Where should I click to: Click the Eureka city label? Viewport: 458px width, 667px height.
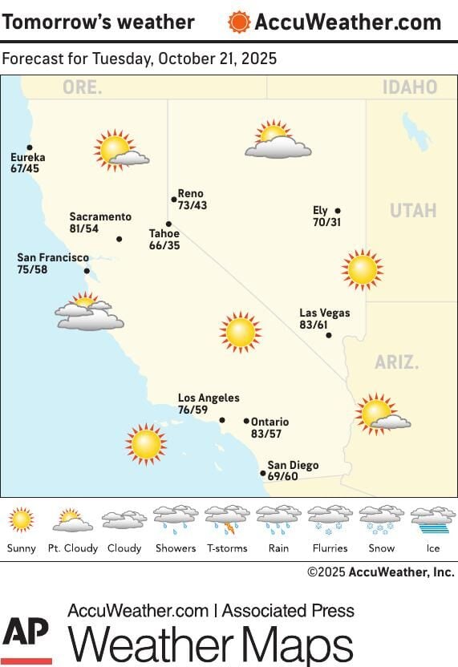28,158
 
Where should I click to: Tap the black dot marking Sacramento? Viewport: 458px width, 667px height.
120,239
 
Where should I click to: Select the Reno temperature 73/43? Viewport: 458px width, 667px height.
193,205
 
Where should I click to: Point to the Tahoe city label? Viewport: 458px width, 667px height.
164,234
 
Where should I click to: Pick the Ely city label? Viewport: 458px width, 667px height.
321,211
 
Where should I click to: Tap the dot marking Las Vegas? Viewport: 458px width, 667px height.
329,335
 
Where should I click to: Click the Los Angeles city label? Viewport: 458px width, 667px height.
209,398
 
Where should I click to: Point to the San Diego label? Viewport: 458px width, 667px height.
293,465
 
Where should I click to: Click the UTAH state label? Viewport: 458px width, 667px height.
413,211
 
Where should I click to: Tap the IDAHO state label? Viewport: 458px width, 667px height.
410,87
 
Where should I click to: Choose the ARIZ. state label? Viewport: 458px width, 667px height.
397,362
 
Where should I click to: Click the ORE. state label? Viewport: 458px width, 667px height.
83,87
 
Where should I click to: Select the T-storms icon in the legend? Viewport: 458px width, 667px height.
227,520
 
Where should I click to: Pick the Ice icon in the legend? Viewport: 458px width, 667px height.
433,520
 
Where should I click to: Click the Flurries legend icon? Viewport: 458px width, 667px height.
330,520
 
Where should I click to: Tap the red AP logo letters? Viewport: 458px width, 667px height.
26,637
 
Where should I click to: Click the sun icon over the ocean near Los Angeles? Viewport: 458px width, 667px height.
146,444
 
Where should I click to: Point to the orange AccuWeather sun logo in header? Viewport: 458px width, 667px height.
239,22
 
